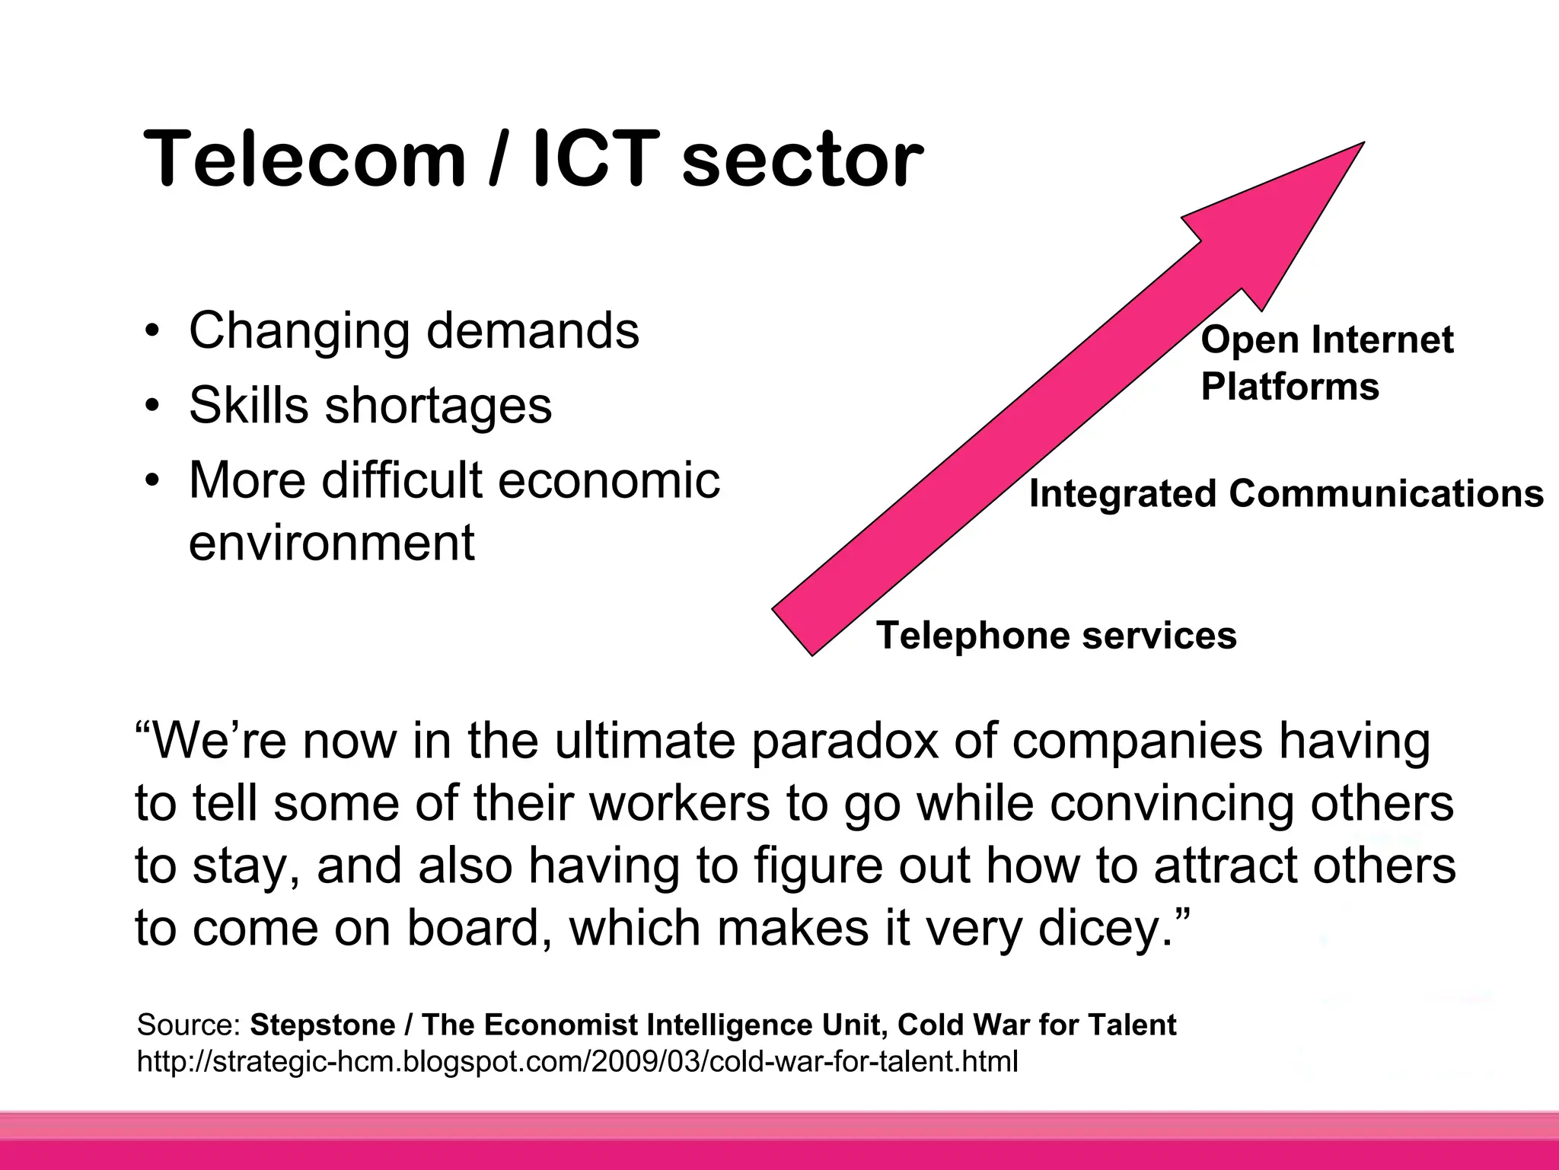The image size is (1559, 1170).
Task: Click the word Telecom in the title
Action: [304, 159]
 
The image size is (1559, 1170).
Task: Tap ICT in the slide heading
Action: [596, 159]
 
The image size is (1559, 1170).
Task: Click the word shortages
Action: [438, 406]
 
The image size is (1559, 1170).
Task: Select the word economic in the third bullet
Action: [609, 480]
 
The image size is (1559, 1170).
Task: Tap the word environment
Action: [331, 543]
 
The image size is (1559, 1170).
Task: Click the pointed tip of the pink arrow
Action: [1360, 145]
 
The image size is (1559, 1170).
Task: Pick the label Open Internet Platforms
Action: [1326, 362]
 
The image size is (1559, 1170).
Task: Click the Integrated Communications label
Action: [1286, 493]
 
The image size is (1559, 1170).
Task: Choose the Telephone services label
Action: [1056, 635]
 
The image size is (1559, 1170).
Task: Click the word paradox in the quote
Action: [845, 741]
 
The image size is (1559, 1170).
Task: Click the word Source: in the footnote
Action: [189, 1025]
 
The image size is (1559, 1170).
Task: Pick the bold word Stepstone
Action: [323, 1025]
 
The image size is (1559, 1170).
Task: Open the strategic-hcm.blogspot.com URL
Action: [577, 1061]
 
